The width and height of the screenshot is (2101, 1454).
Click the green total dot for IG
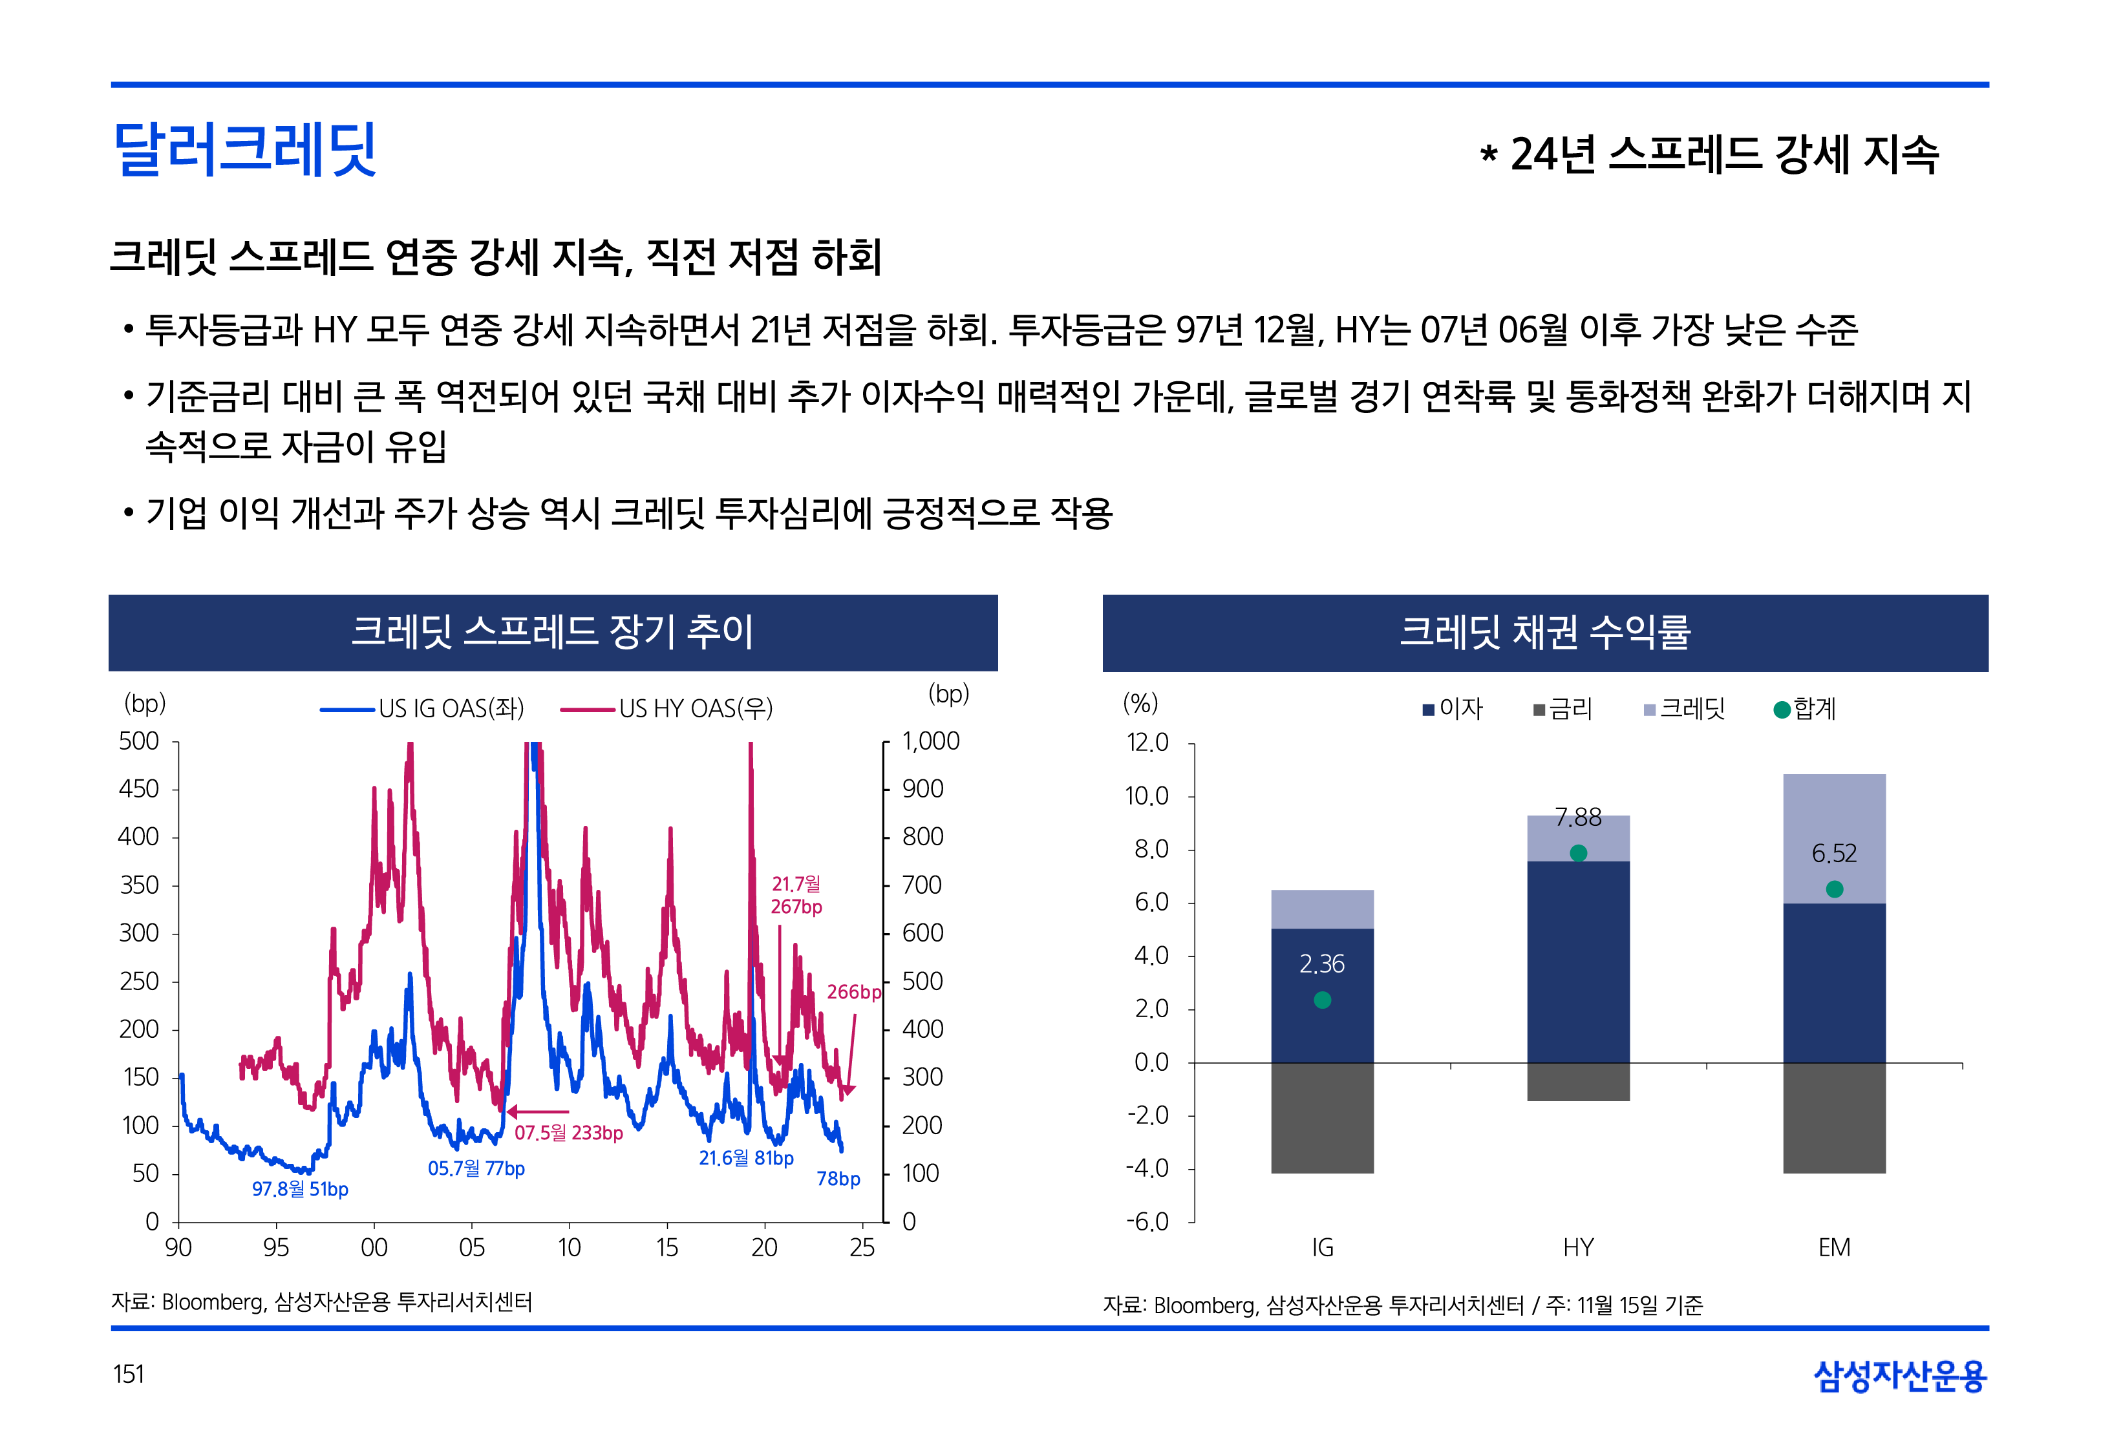tap(1322, 1000)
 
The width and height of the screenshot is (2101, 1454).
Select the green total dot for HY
tap(1578, 853)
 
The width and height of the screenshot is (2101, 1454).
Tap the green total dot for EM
tap(1834, 889)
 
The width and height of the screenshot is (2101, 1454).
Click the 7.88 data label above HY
tap(1578, 817)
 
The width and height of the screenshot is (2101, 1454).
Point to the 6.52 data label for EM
tap(1834, 854)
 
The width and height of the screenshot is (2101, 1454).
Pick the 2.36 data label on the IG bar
tap(1322, 964)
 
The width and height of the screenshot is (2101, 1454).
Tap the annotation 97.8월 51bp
tap(300, 1189)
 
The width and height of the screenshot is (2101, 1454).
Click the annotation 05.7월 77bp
tap(476, 1168)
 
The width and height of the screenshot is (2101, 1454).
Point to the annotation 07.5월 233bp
tap(568, 1132)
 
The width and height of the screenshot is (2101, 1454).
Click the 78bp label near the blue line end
tap(838, 1179)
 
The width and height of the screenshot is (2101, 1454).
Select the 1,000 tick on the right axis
tap(930, 742)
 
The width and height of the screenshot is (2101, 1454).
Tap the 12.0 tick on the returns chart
tap(1147, 743)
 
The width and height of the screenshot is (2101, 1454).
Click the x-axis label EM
tap(1834, 1248)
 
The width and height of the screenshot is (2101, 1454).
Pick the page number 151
tap(129, 1374)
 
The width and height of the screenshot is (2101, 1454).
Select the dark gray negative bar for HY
tap(1578, 1082)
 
